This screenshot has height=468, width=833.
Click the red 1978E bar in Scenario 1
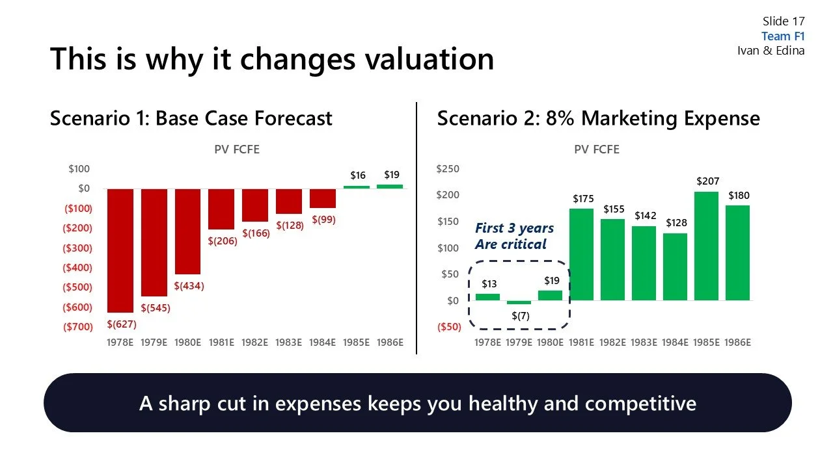point(120,250)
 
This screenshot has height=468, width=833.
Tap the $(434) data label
point(189,286)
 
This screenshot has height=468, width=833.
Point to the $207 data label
point(707,181)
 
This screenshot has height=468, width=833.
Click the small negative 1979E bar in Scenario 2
point(519,302)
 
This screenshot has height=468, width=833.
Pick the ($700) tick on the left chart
point(77,327)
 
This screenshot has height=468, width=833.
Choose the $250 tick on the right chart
point(447,169)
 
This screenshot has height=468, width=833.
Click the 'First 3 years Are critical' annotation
point(514,236)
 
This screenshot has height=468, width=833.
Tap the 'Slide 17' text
point(784,21)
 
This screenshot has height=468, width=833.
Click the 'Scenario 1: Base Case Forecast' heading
point(191,119)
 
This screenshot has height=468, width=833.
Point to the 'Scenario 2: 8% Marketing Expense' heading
point(598,119)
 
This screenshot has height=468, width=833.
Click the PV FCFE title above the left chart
point(237,149)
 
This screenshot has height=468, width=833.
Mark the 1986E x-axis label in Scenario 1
point(390,343)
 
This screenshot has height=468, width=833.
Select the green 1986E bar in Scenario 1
point(390,187)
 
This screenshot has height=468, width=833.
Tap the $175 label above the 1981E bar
point(582,199)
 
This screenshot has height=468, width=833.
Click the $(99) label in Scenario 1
point(323,220)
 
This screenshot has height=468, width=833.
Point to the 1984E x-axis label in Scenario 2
point(676,343)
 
